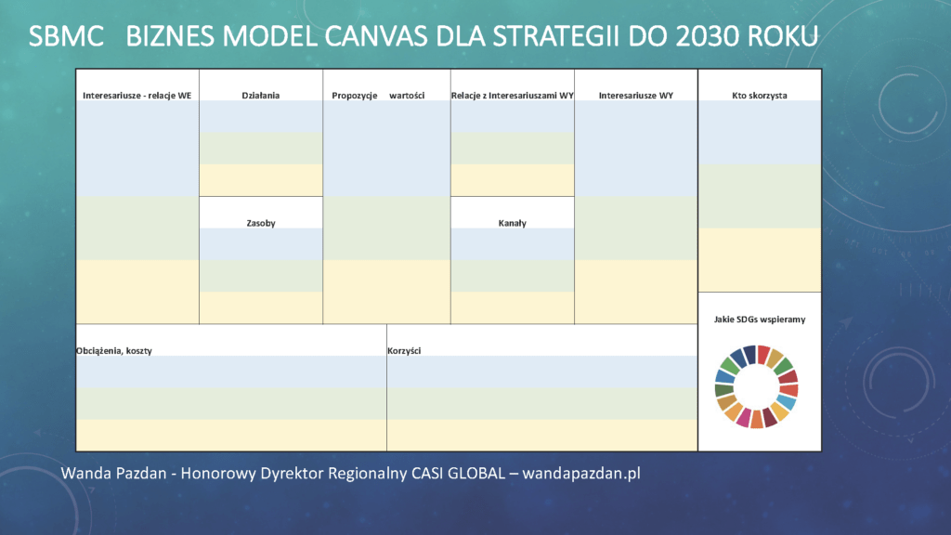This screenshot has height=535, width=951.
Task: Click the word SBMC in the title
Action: click(x=66, y=36)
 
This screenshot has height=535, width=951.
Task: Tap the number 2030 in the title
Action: click(x=707, y=36)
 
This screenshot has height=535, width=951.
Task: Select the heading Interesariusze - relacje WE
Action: click(x=137, y=96)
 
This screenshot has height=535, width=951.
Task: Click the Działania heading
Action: click(x=261, y=96)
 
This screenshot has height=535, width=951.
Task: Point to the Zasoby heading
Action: click(x=261, y=223)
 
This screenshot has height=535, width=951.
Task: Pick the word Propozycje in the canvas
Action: click(x=354, y=96)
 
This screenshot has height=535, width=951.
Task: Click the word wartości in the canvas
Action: click(x=407, y=96)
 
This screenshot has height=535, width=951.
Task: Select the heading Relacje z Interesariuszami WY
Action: click(x=513, y=96)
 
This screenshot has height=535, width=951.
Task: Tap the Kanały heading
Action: click(x=513, y=223)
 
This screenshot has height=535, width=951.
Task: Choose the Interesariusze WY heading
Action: click(x=635, y=96)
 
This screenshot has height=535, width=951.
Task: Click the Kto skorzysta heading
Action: click(x=760, y=96)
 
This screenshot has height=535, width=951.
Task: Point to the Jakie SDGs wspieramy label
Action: click(x=760, y=320)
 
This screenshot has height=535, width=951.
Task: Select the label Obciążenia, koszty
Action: click(x=114, y=350)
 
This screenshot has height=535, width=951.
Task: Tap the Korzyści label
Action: click(x=404, y=350)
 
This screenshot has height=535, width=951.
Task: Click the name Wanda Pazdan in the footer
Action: click(x=113, y=473)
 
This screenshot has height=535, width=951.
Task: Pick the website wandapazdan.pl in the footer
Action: click(x=581, y=474)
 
